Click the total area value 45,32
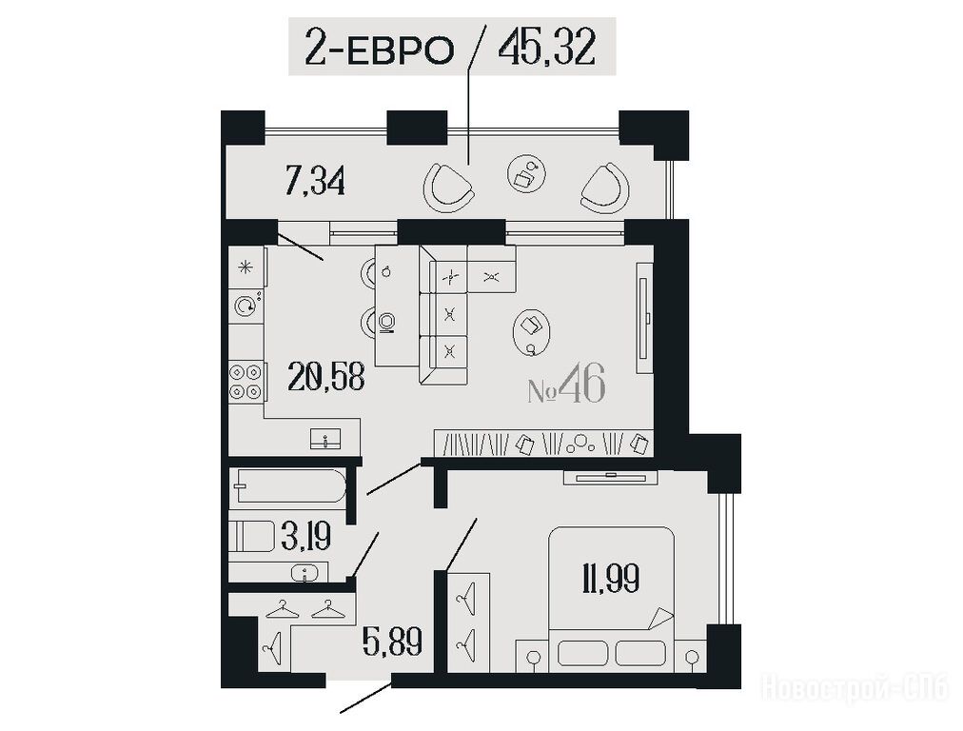pos(547,47)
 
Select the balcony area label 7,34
pos(315,181)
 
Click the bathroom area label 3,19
pos(305,536)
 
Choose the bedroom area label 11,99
pos(611,578)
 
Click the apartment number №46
pos(566,385)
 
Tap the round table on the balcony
pos(526,172)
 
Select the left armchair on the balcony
pos(449,188)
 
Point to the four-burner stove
pos(246,382)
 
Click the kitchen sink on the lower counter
pos(325,439)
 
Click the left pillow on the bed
pos(583,652)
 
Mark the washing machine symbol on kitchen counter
pos(246,306)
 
